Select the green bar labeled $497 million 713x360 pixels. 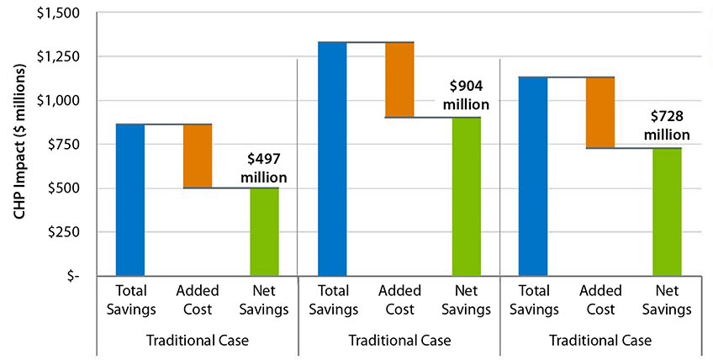(264, 231)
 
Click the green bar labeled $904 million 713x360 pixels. (466, 196)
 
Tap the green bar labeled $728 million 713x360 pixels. (668, 212)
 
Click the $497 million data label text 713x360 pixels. (264, 167)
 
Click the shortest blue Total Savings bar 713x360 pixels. (130, 199)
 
